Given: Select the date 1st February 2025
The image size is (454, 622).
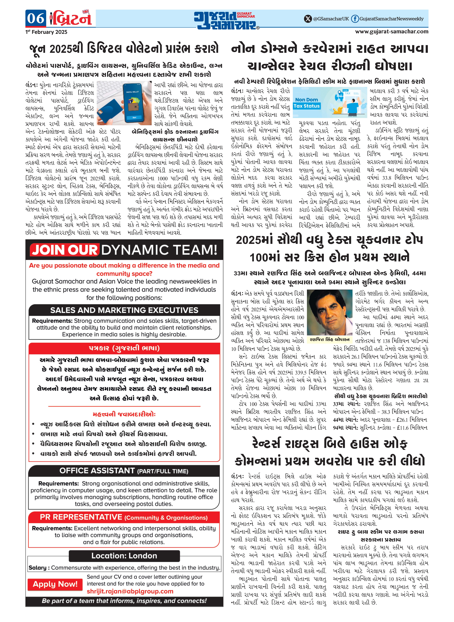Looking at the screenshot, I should click(46, 32).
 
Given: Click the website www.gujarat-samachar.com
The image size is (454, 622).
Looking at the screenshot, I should click(392, 31).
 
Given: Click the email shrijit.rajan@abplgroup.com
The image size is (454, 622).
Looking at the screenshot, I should click(130, 591).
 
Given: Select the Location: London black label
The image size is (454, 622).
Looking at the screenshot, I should click(124, 556).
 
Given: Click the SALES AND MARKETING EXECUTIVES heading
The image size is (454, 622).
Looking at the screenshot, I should click(124, 310).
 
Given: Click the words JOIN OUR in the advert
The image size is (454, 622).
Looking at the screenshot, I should click(65, 250).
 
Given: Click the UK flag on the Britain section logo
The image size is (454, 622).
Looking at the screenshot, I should click(86, 12).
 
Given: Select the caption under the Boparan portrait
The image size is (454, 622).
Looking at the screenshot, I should click(329, 339).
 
